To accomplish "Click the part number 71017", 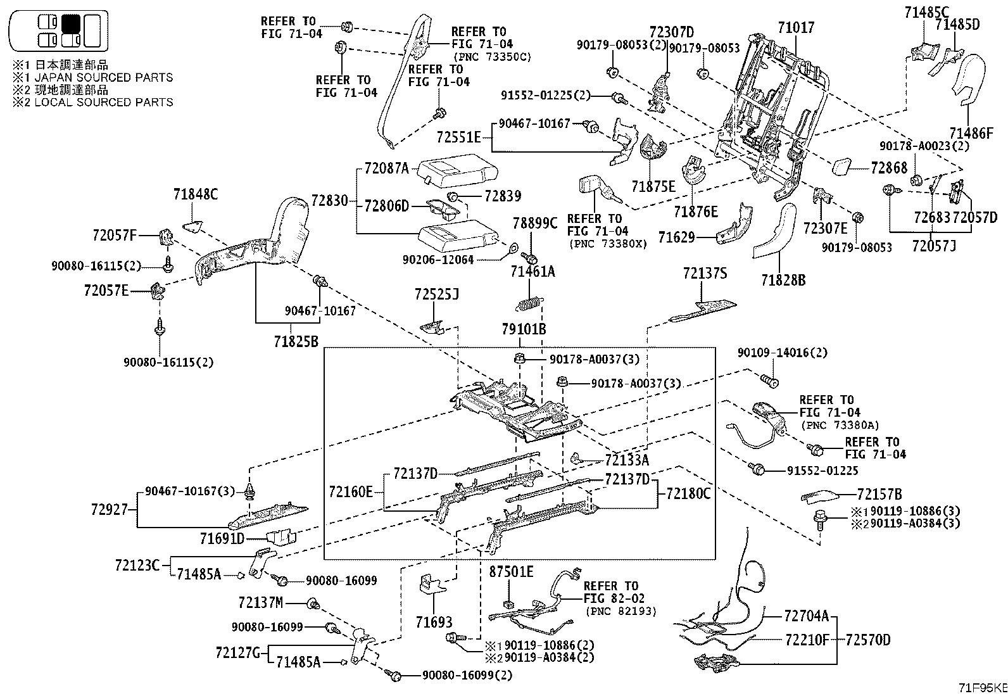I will coord(796,28).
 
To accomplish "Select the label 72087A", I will coord(387,168).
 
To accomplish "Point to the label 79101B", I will coord(524,329).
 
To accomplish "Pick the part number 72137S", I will coord(705,274).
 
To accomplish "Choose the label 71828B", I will coord(783,279).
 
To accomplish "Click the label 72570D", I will coord(867,640).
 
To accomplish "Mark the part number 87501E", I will coord(511,573).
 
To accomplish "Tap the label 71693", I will coord(434,623).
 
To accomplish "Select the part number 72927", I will coord(110,509).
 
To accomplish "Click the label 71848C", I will coord(196,195).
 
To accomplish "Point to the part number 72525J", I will coord(437,294).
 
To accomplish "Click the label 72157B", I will coord(879,495).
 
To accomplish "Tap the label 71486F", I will coord(971,134).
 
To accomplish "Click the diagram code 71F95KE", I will coord(981,688).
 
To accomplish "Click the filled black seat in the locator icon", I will coord(70,24).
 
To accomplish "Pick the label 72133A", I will coord(627,460).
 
